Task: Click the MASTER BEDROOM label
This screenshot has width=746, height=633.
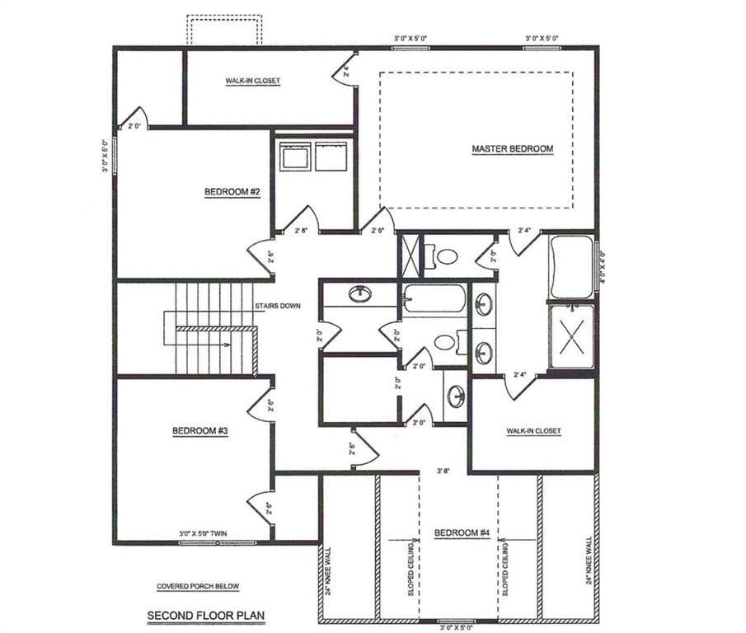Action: coord(512,149)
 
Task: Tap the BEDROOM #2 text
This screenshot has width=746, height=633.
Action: coord(232,192)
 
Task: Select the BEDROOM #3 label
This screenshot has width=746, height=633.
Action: coord(199,430)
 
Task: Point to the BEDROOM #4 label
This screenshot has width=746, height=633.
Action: coord(462,533)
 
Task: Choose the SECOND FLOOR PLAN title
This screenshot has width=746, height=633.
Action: coord(206,615)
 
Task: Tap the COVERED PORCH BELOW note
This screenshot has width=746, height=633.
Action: coord(198,587)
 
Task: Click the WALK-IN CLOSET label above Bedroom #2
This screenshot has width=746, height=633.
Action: coord(252,81)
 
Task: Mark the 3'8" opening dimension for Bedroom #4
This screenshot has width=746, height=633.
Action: coord(444,472)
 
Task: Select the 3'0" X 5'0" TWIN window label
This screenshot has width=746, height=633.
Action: coord(204,534)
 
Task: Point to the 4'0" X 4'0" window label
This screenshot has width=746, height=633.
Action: coord(603,267)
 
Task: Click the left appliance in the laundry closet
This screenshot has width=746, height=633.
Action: coord(294,157)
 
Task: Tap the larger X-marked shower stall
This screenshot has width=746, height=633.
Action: coord(571,337)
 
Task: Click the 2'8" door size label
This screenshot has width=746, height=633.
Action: coord(302,232)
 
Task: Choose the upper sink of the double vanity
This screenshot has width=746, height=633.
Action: coord(485,305)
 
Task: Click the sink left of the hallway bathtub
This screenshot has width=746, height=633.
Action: coord(360,293)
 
